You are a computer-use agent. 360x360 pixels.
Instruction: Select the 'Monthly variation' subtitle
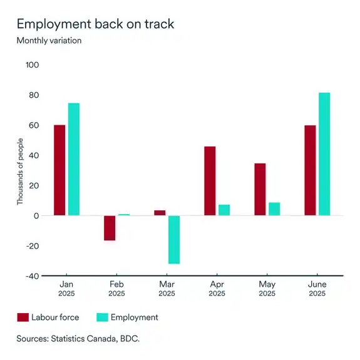click(49, 41)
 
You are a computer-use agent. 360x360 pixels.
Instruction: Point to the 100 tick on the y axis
click(31, 65)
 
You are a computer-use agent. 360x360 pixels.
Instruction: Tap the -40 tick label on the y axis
click(31, 276)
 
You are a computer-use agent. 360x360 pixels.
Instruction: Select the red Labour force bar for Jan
click(59, 170)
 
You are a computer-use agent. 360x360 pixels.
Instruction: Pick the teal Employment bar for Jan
click(74, 159)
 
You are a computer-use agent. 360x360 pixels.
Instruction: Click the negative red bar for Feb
click(110, 228)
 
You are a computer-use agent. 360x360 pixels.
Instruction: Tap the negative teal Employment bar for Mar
click(174, 240)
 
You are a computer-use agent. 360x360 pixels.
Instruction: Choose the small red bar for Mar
click(160, 213)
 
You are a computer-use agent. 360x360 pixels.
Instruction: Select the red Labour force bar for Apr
click(210, 181)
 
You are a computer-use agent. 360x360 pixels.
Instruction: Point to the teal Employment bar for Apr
click(224, 210)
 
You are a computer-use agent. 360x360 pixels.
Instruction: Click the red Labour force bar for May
click(260, 190)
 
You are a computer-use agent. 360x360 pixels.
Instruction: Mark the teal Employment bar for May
click(274, 209)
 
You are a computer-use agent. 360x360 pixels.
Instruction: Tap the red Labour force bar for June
click(310, 170)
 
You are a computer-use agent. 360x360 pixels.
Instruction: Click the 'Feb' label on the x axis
click(116, 284)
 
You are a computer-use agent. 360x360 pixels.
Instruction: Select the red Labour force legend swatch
click(23, 317)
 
